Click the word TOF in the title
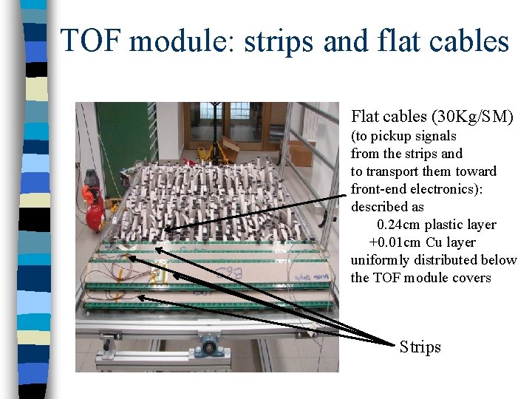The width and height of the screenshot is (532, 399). tap(91, 41)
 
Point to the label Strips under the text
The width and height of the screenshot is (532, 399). tap(420, 347)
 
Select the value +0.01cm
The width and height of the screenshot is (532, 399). tap(395, 242)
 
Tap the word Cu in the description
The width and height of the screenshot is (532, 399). tap(434, 242)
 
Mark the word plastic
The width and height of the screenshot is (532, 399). tap(451, 225)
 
